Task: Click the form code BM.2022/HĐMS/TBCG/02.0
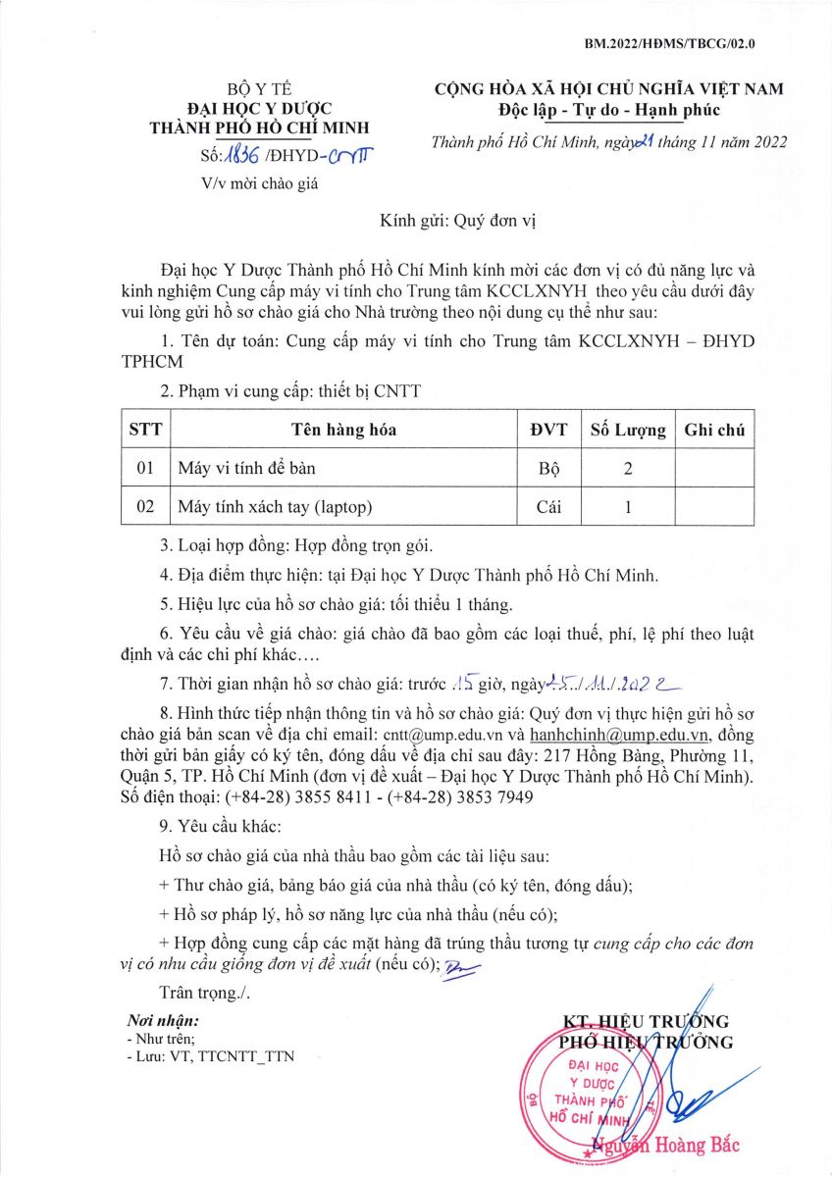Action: pyautogui.click(x=669, y=44)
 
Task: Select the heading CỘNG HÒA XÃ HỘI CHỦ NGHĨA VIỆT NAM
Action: pyautogui.click(x=609, y=89)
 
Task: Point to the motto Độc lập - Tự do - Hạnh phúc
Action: pyautogui.click(x=608, y=109)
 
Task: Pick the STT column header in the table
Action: pyautogui.click(x=145, y=430)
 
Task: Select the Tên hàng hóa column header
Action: pyautogui.click(x=343, y=430)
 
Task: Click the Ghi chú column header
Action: pyautogui.click(x=714, y=430)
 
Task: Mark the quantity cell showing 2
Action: pyautogui.click(x=627, y=469)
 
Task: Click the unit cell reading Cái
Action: pyautogui.click(x=548, y=507)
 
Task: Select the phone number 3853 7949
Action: pyautogui.click(x=500, y=797)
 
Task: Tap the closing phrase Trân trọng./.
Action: pyautogui.click(x=204, y=993)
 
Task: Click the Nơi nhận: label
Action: pyautogui.click(x=163, y=1021)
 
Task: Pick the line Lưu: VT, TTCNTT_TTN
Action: pyautogui.click(x=210, y=1056)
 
